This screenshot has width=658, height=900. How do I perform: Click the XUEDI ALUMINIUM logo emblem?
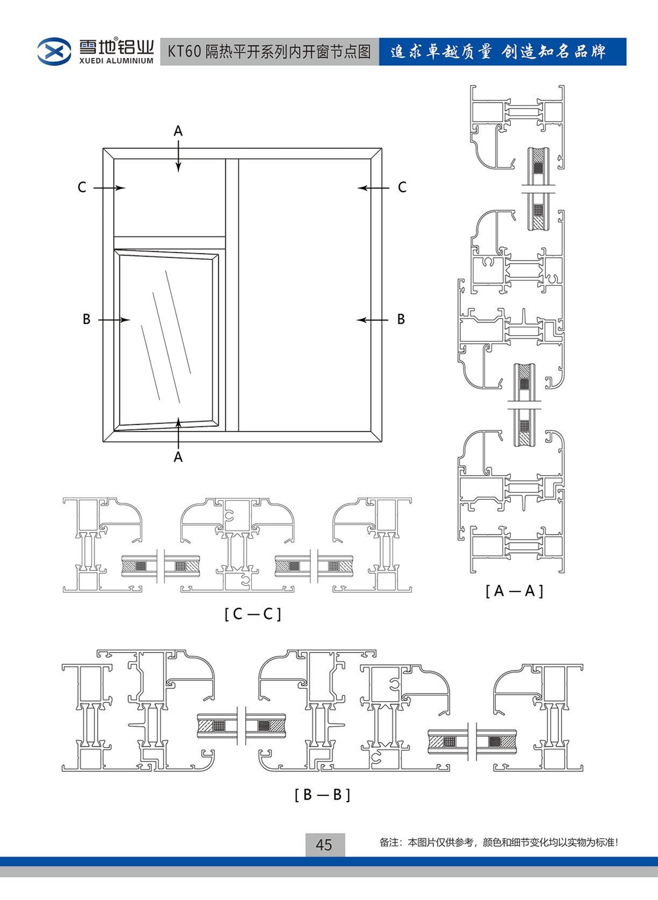54,52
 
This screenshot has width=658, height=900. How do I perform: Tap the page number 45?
324,845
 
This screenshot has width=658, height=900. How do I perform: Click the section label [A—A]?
514,591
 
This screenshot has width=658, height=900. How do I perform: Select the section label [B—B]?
322,794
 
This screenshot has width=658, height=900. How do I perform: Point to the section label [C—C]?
252,614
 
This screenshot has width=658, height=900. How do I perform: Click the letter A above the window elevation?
178,131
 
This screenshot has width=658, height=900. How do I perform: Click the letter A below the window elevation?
178,457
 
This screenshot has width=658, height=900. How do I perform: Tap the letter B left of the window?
86,319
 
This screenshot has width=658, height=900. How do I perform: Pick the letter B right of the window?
401,319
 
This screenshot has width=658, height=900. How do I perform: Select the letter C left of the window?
82,187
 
